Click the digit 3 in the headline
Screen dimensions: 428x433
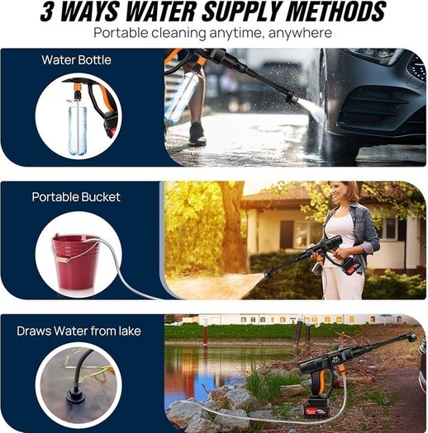point(47,12)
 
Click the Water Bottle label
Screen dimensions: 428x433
point(76,60)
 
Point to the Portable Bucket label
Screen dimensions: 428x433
point(76,197)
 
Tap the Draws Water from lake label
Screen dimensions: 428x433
point(78,331)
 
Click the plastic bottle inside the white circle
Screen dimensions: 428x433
point(78,127)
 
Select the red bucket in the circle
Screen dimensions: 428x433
point(75,261)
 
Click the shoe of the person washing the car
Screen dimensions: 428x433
point(197,134)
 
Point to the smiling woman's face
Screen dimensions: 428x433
point(340,193)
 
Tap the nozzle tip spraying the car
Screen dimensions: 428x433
point(291,99)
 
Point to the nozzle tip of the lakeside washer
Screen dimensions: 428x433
point(412,337)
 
